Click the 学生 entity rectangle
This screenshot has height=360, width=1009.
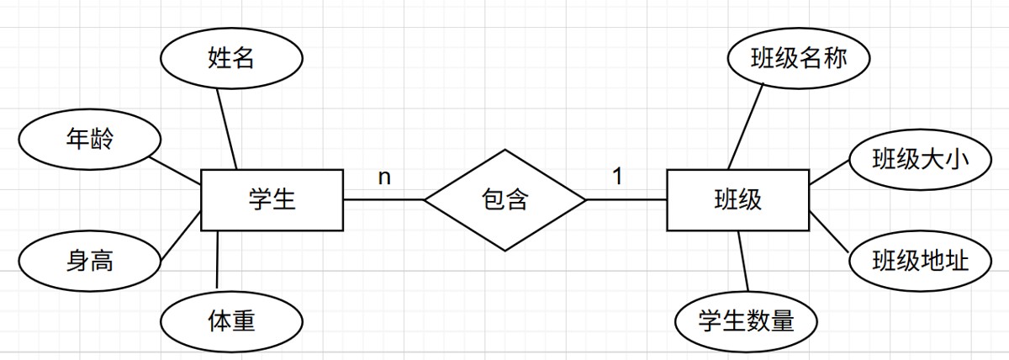272,200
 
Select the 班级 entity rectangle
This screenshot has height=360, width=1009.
737,200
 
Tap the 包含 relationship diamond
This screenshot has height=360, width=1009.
504,200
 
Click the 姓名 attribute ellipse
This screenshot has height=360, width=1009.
230,59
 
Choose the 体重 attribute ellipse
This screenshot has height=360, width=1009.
230,320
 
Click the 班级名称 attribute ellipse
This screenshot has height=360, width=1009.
798,59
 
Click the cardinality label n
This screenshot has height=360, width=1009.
384,177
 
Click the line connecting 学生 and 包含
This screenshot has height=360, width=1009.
383,200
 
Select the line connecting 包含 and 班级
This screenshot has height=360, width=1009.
626,200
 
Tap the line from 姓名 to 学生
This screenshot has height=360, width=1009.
227,128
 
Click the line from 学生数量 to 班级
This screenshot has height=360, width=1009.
742,262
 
